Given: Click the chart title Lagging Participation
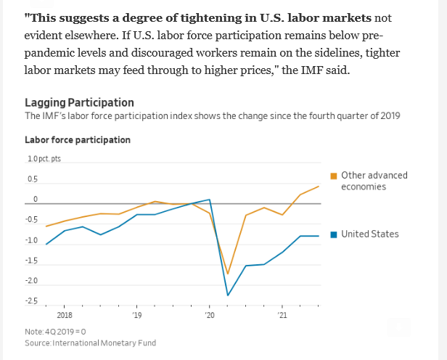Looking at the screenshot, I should coord(79,103).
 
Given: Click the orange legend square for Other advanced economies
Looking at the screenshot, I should coord(334,176).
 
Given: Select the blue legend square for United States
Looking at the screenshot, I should coord(334,234).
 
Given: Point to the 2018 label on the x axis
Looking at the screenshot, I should coord(64,316).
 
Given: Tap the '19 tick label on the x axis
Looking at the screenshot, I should coord(136,316).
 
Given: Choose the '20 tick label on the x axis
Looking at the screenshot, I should coord(210,316).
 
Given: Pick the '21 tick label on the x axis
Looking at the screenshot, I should coord(282,316).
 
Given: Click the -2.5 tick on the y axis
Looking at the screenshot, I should coord(33,301).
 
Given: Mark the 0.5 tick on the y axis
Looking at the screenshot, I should coord(32,179).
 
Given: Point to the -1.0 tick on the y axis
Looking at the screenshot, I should coord(33,240).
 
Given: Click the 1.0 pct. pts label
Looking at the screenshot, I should coord(44,159).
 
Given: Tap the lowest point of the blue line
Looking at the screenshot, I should coord(228,295).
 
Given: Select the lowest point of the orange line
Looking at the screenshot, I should coord(228,274).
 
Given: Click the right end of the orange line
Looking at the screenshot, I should coord(319,187).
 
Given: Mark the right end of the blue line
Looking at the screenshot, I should coord(319,236).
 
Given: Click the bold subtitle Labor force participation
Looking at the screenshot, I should coord(78,140).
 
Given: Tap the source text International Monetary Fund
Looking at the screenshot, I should coord(106,343).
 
